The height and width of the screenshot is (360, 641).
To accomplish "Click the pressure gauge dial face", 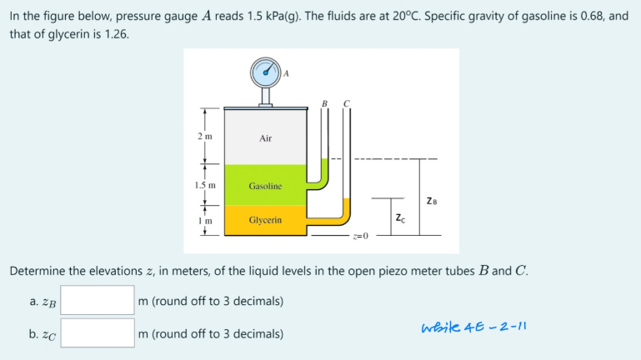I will click(x=266, y=72).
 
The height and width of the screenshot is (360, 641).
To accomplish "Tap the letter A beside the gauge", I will click(x=286, y=72).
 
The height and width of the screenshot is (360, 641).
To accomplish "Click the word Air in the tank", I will click(x=265, y=138).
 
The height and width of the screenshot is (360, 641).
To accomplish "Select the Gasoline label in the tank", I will click(x=265, y=186).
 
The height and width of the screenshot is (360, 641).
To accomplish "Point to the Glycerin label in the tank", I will click(x=265, y=220).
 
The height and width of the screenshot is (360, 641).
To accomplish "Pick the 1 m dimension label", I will click(x=205, y=221).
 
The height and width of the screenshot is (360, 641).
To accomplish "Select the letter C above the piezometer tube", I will click(x=346, y=103).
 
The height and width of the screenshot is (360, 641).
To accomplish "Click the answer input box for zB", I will click(x=98, y=300).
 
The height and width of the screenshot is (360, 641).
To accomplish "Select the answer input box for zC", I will click(x=98, y=333).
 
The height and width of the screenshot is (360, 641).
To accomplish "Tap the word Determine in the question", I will click(x=41, y=271).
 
